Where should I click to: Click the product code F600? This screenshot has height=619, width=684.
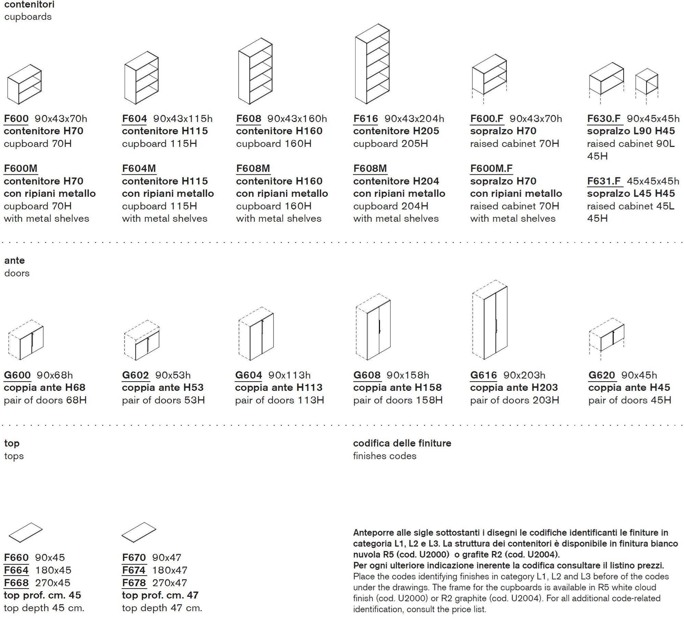click(x=16, y=119)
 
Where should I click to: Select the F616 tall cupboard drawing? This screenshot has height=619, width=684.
click(x=372, y=64)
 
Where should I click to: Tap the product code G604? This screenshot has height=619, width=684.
click(x=248, y=375)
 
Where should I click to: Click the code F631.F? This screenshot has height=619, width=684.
click(x=604, y=181)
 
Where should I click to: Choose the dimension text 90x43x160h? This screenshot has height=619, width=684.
click(x=297, y=119)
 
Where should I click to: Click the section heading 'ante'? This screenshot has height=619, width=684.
click(x=14, y=260)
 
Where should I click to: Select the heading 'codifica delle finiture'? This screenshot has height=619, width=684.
click(x=402, y=443)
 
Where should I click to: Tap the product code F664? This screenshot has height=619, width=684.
click(x=16, y=570)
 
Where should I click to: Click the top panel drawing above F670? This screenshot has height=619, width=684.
click(x=139, y=532)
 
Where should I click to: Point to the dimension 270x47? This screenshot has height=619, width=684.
click(x=170, y=583)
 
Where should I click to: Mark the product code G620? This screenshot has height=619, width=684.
click(x=602, y=375)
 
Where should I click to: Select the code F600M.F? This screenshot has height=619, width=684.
click(x=491, y=169)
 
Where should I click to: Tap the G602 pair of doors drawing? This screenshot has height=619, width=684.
click(x=142, y=341)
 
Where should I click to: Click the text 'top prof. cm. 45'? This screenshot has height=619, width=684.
click(x=42, y=595)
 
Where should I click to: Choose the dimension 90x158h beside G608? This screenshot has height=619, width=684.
click(x=408, y=375)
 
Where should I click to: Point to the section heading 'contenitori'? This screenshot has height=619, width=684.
click(x=29, y=4)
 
